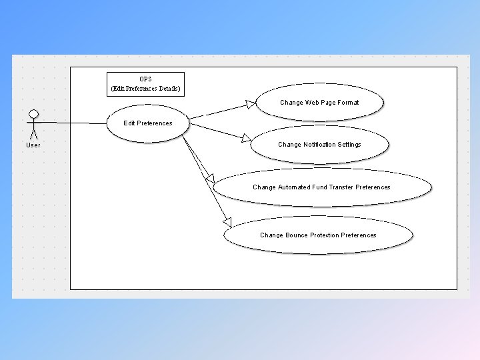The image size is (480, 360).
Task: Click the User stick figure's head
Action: [33, 113]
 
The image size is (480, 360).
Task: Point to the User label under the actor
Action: [33, 145]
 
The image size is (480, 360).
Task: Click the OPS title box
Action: [145, 84]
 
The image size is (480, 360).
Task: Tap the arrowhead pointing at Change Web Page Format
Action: [250, 103]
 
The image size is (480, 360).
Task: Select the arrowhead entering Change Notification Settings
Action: [247, 139]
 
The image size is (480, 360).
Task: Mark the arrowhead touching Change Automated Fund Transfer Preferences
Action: [210, 179]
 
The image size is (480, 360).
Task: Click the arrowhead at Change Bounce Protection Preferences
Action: [227, 222]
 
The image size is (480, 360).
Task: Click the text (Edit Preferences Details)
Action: [145, 89]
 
